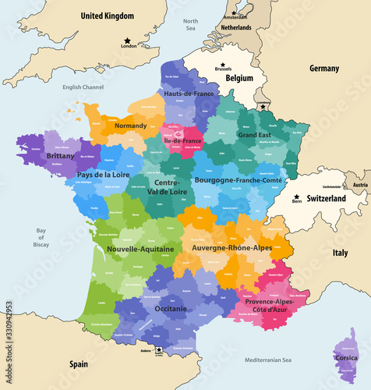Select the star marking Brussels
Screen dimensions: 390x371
(222, 63)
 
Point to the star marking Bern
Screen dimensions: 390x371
(297, 196)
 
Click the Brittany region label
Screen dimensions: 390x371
(60, 156)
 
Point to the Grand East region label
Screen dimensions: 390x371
(254, 135)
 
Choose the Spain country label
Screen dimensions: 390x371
(77, 364)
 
